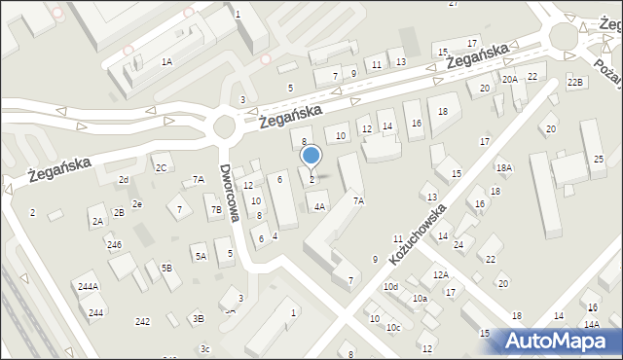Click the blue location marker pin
[311, 156]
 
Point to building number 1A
[166, 61]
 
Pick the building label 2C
[161, 167]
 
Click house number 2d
[124, 179]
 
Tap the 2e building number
[137, 203]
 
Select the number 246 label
[114, 244]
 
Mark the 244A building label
[88, 286]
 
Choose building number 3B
[198, 318]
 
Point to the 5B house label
[166, 267]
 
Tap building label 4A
[319, 206]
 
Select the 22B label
[575, 82]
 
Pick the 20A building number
[509, 79]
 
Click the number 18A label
[503, 167]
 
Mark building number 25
[599, 159]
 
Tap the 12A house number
[441, 274]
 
